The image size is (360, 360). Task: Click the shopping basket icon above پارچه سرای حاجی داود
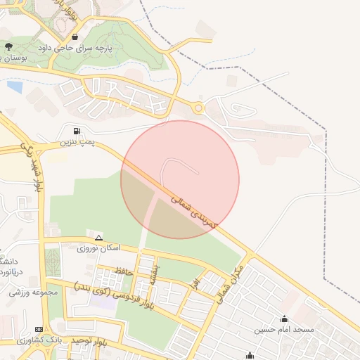coord(75,36)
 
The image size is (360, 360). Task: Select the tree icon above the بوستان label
coord(9,47)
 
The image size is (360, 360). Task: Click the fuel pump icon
coord(77,130)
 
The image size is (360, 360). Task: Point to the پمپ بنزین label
coord(75,143)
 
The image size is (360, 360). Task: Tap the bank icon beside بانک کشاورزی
coord(39,328)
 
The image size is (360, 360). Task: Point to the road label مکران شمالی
coord(226,283)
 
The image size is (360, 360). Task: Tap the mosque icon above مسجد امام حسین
coord(284,318)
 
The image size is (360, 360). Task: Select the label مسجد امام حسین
coord(284,330)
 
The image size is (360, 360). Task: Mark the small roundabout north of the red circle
coord(198,108)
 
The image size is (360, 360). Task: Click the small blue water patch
coord(14,86)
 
